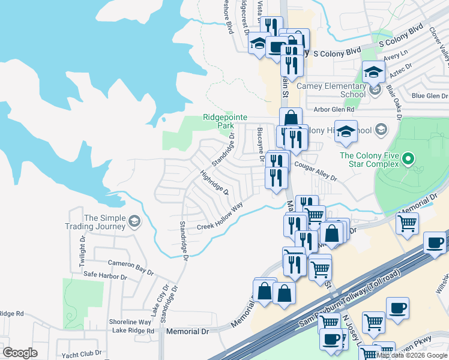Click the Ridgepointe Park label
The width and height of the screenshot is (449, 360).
(x=217, y=121)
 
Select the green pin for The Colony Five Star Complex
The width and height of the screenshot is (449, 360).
(x=408, y=160)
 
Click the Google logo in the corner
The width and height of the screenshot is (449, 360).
(x=20, y=353)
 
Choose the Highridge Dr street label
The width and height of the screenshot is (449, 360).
(x=214, y=182)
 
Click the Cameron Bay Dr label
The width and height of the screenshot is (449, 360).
(x=130, y=267)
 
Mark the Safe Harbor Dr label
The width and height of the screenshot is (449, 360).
(x=105, y=277)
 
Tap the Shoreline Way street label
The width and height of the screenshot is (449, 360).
(x=130, y=322)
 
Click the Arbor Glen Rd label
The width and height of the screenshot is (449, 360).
(x=334, y=110)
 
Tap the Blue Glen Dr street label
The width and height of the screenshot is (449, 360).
(x=429, y=95)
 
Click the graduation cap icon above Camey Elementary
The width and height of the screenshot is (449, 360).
(x=373, y=73)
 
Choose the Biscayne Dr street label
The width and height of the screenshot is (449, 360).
(x=261, y=144)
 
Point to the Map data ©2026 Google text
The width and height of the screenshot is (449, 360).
(x=412, y=355)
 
